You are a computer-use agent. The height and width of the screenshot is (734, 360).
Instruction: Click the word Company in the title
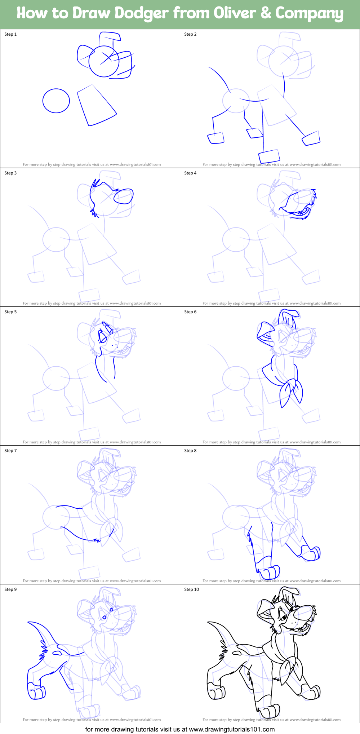tap(309, 13)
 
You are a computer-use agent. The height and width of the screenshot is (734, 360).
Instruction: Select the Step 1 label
tap(10, 34)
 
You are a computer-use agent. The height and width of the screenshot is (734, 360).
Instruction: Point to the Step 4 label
tap(190, 173)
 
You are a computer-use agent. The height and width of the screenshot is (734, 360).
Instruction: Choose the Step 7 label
tap(10, 451)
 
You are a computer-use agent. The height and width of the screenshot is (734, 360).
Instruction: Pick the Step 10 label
tap(191, 589)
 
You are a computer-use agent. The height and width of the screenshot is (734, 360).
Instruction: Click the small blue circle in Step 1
tap(56, 101)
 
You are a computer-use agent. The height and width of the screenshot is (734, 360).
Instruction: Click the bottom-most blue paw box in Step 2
tap(269, 156)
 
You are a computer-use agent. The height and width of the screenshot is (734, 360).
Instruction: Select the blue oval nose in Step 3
tap(124, 196)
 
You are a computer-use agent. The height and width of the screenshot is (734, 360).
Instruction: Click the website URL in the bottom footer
tap(232, 729)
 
